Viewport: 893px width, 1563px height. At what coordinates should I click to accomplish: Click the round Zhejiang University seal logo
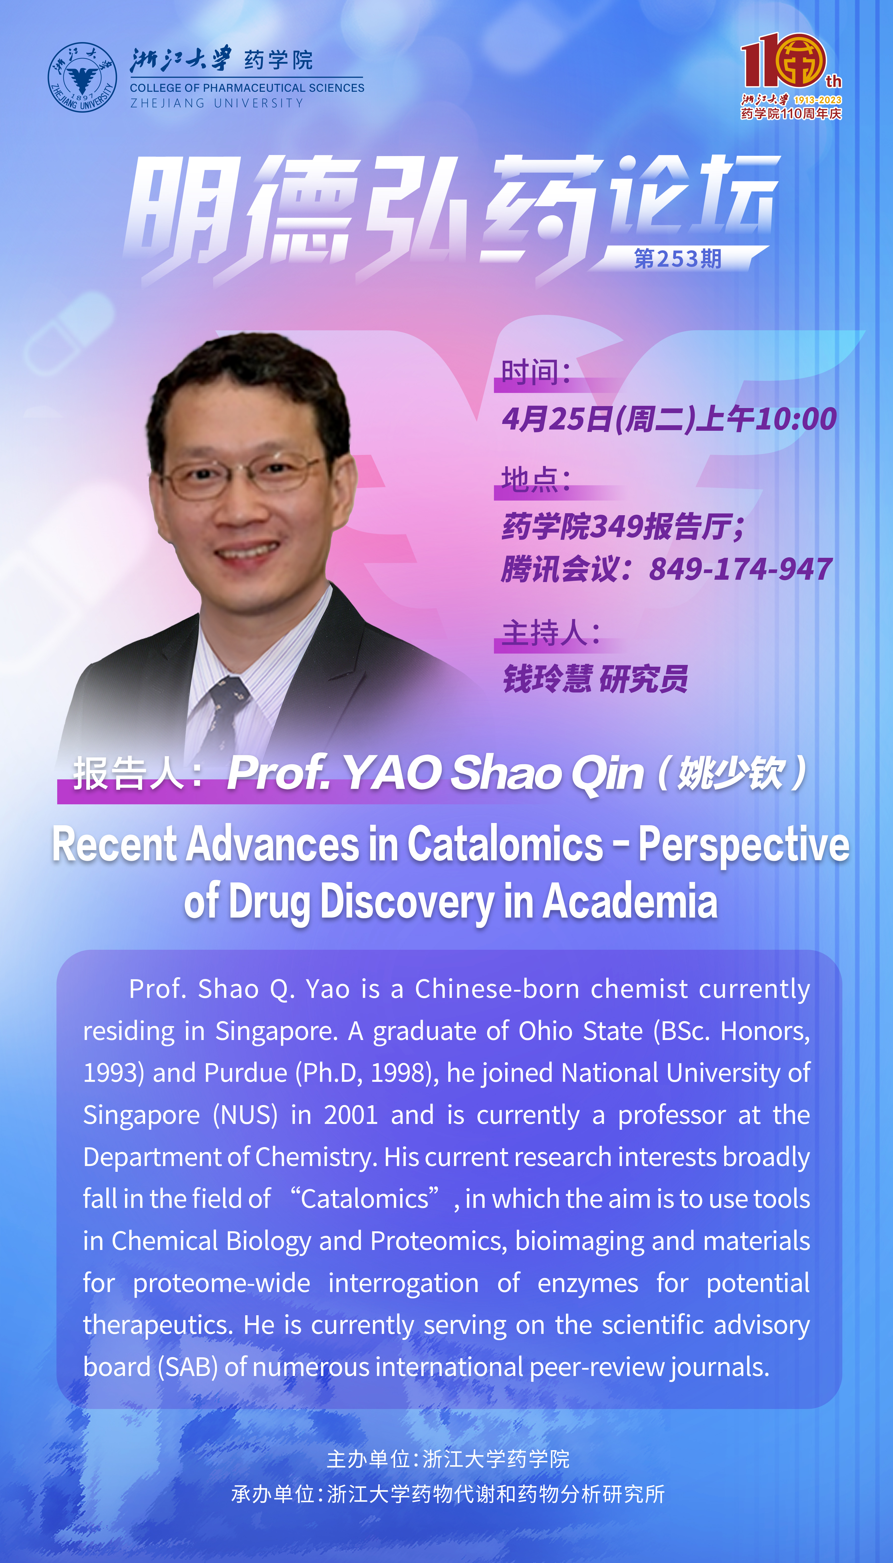(82, 77)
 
